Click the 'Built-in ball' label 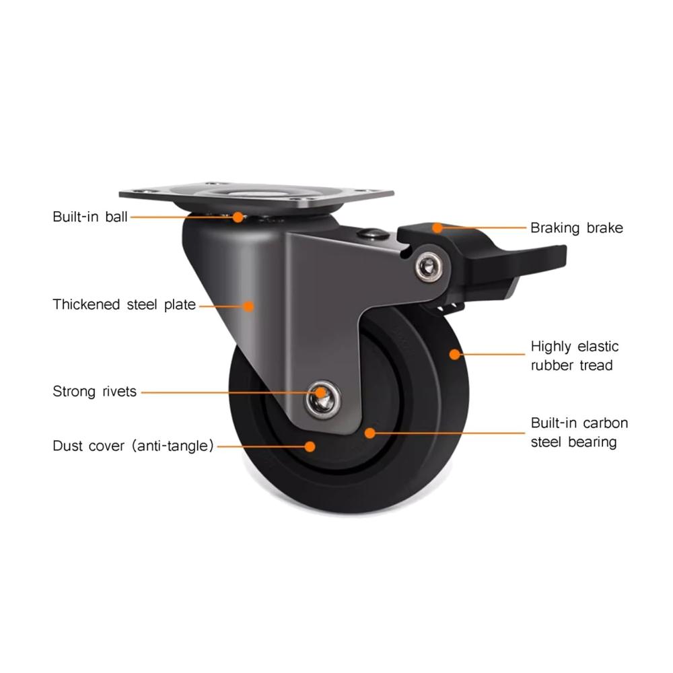(90, 217)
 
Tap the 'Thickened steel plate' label (124, 305)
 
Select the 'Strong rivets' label (94, 392)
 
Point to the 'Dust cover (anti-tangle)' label (133, 446)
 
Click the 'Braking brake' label (577, 228)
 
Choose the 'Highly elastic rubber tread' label (575, 356)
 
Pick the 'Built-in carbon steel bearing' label (579, 433)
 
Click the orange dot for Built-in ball (238, 217)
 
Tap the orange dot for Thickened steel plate (248, 306)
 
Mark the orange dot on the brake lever (437, 227)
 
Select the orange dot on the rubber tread (454, 355)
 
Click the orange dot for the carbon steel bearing (369, 433)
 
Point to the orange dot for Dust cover (310, 446)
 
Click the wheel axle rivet (323, 400)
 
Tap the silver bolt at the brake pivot (428, 267)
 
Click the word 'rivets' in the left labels (119, 392)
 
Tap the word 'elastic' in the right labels (598, 347)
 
